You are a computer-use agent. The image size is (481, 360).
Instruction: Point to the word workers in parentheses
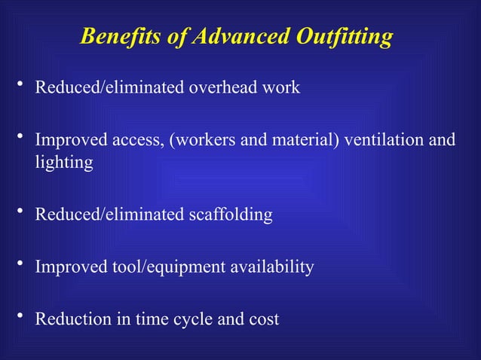pyautogui.click(x=204, y=141)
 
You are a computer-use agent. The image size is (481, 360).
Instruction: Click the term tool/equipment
pyautogui.click(x=157, y=267)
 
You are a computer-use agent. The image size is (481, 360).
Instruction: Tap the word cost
pyautogui.click(x=263, y=319)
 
